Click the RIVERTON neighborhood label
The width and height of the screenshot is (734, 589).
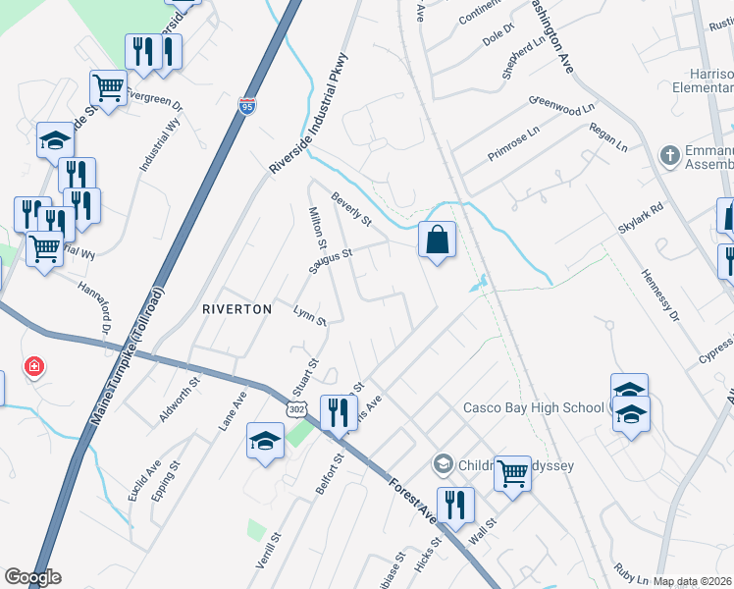236,308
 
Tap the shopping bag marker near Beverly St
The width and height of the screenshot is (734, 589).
437,240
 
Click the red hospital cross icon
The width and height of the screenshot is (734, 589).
35,367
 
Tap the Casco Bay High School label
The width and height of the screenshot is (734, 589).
533,407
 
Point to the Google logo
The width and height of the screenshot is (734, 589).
32,577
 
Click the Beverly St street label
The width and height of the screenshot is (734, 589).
351,209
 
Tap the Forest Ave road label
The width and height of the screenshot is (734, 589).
413,501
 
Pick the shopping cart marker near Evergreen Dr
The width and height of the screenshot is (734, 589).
108,86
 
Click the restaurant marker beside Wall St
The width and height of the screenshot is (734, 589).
453,506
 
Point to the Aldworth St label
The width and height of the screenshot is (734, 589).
178,399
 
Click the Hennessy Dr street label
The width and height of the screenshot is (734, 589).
659,295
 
